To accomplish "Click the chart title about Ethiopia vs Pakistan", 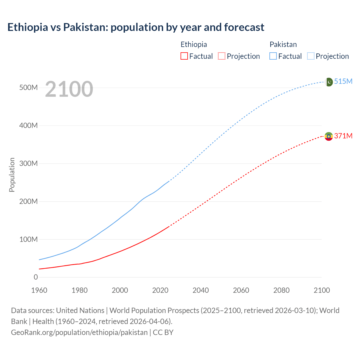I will pos(136,27).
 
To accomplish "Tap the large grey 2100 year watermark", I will pos(69,89).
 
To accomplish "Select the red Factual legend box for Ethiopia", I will pos(184,56).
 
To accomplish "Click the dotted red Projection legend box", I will pos(222,56).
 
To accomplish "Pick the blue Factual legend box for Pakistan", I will pos(273,56).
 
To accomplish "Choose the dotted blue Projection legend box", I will pos(311,56).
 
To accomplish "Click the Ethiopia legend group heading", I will pos(194,44).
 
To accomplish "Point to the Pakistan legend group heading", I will pos(283,44).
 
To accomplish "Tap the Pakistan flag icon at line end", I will pos(328,82).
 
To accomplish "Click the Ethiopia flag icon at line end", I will pos(328,136).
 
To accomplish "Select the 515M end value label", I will pos(343,81).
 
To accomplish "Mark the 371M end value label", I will pos(343,136).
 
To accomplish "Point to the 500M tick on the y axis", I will pos(28,87).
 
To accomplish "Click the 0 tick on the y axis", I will pos(36,277).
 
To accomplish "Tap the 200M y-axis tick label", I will pos(28,201).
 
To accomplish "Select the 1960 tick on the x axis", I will pos(39,290).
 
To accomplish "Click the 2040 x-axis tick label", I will pos(201,290).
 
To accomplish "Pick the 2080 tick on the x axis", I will pos(281,290).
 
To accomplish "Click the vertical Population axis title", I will pos(12,175).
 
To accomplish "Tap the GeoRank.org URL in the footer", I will pos(79,332).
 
